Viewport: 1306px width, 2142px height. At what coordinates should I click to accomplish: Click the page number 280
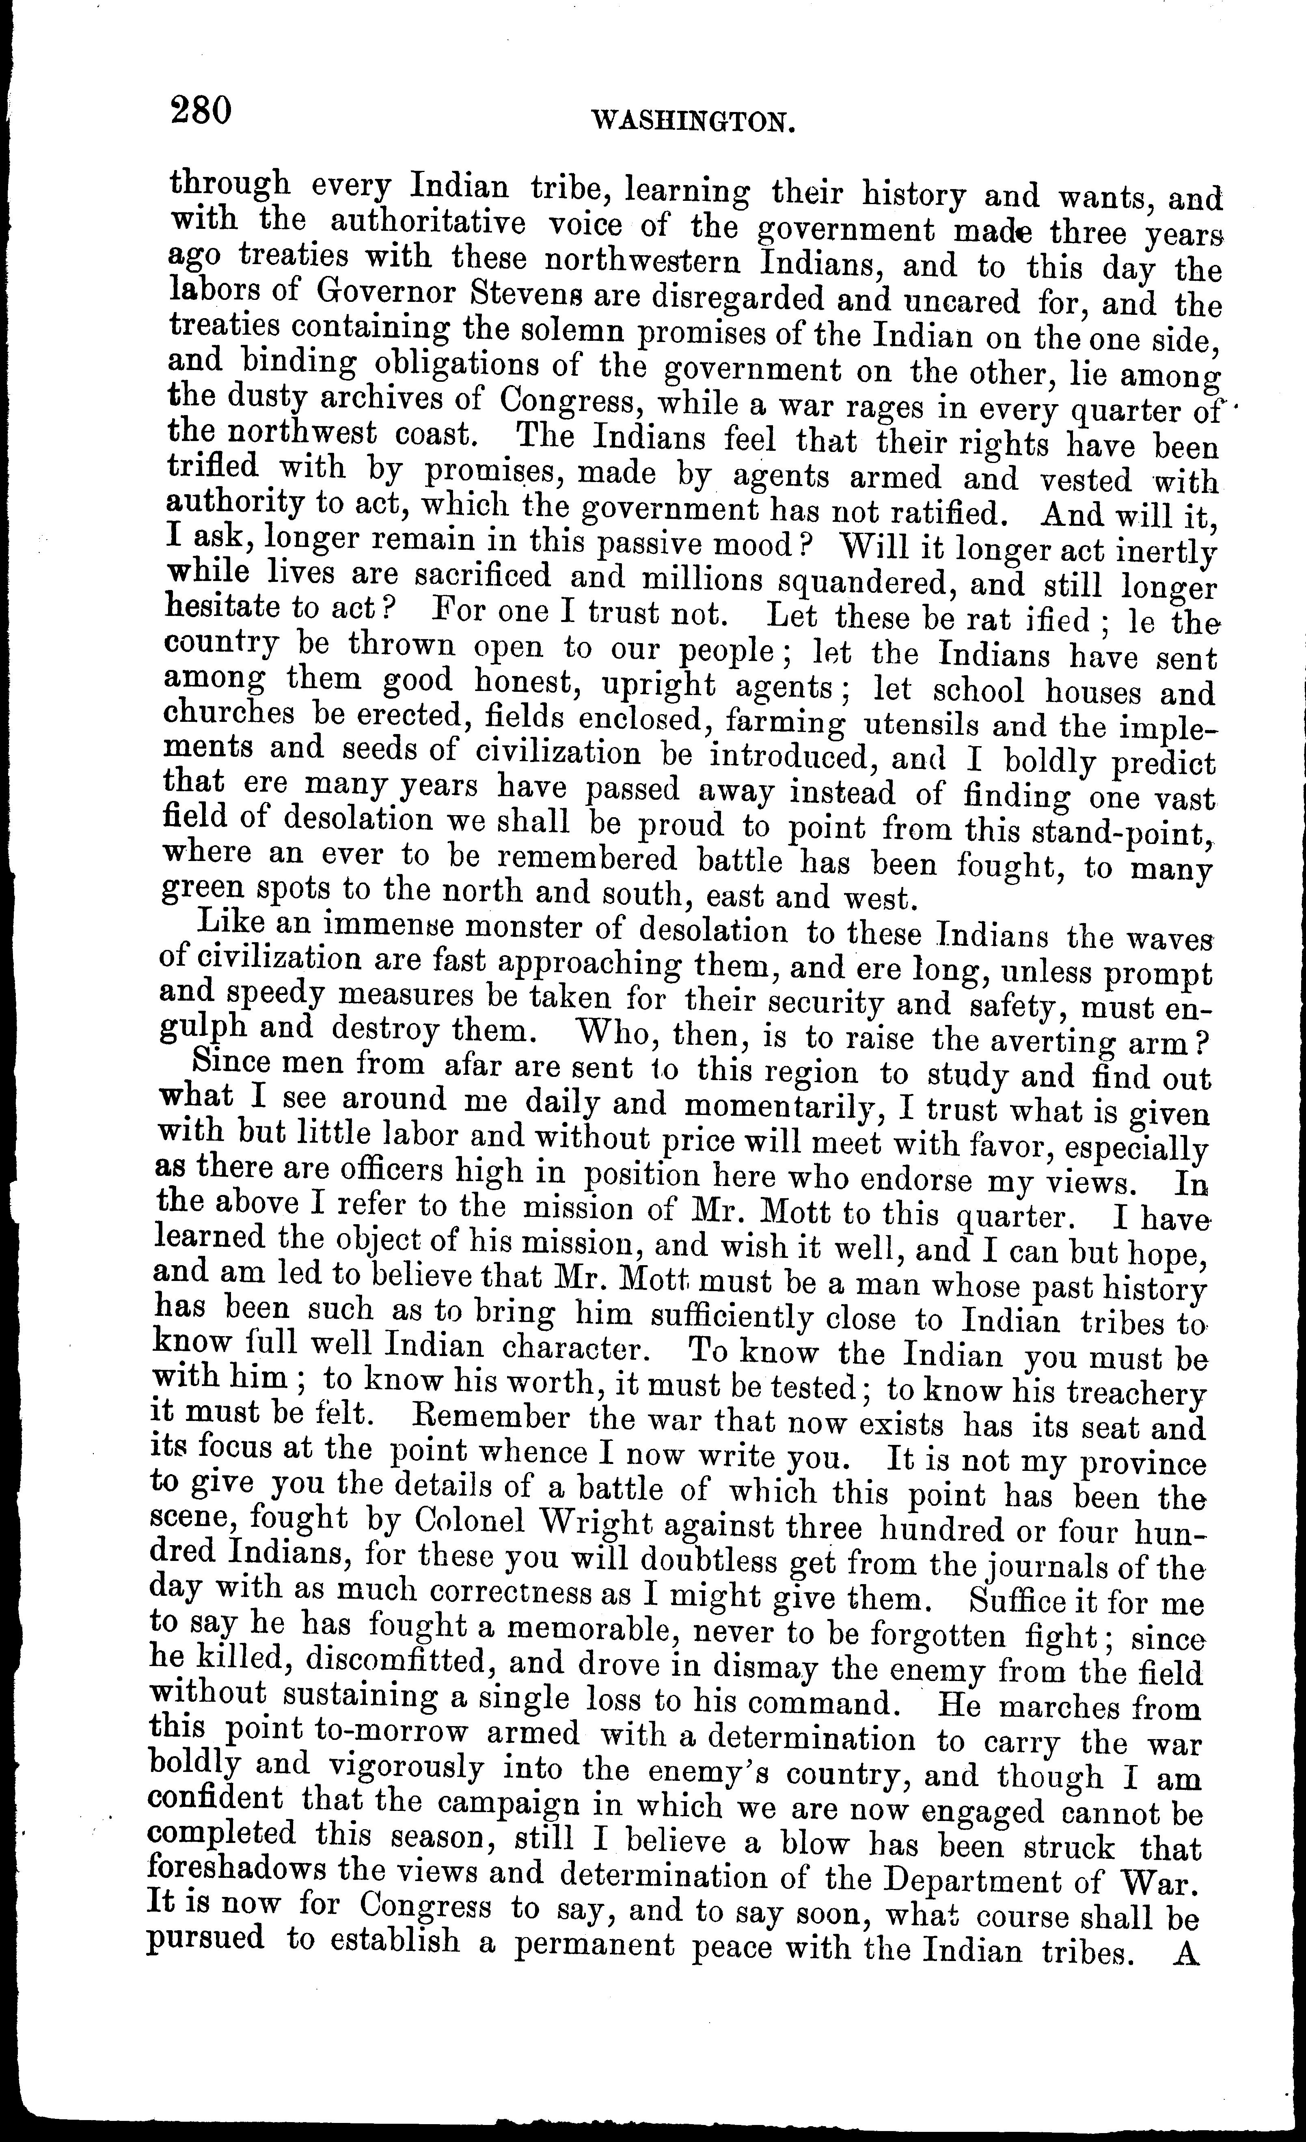202,111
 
